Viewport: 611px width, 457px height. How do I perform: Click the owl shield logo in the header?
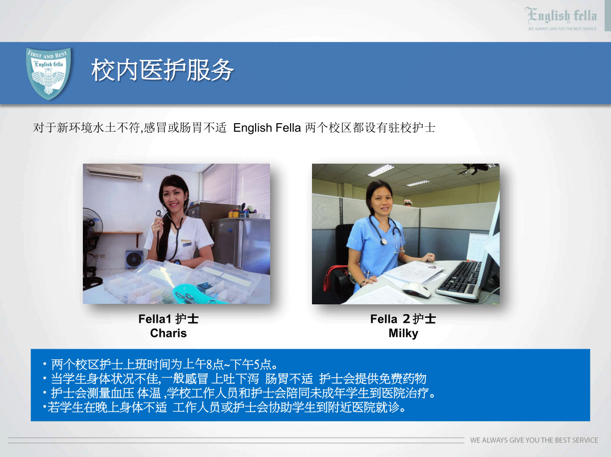pos(48,73)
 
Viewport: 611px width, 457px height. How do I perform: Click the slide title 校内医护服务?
pos(162,70)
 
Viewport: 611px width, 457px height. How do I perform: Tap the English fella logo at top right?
pos(562,18)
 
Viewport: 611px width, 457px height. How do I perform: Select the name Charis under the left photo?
pos(168,333)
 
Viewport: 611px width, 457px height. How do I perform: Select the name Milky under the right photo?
pos(403,333)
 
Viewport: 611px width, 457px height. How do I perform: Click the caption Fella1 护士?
pos(168,319)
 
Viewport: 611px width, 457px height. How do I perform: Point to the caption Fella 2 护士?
pos(403,319)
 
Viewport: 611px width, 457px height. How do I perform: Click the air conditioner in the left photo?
pos(115,172)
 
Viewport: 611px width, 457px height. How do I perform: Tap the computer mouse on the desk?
pos(416,289)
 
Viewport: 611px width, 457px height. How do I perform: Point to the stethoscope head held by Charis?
pos(159,214)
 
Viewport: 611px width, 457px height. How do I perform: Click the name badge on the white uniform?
pos(186,242)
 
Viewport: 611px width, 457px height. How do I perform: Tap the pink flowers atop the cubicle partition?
pos(408,202)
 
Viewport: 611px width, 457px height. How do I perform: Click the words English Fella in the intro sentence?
pos(267,128)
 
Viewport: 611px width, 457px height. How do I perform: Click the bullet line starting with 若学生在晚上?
pos(225,407)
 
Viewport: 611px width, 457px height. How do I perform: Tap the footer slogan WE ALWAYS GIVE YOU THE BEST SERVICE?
pos(534,440)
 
